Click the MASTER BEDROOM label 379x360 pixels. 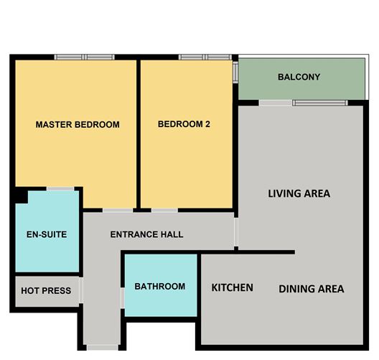78,124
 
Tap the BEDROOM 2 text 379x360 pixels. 184,124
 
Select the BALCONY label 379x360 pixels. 299,77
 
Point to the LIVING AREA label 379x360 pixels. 299,193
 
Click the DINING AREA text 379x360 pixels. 312,289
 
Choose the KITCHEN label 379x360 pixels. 233,287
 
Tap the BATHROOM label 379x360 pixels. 160,287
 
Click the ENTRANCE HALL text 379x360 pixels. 146,234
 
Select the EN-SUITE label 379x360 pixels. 47,234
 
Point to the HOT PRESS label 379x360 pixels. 46,290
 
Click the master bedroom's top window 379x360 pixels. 85,57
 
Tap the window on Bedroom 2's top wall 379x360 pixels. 205,57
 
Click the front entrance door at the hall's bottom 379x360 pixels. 103,348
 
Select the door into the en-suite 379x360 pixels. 60,189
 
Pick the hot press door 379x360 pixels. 81,290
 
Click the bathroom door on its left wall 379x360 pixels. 123,298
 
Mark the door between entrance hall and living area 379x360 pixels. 236,232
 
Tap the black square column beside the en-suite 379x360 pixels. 22,195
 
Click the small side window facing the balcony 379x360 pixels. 235,73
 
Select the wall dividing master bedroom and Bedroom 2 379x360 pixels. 139,134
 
